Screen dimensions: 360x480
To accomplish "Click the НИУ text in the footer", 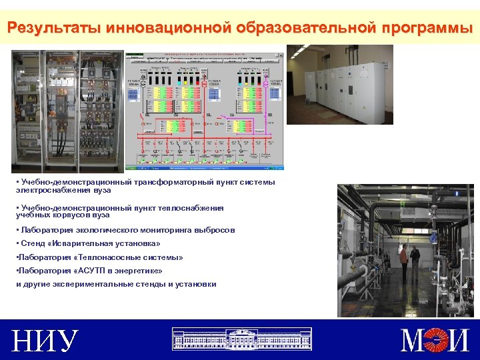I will point(45,341).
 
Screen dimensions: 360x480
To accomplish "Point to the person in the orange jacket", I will point(404,261).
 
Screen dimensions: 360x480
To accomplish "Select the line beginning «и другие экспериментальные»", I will point(116,284).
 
